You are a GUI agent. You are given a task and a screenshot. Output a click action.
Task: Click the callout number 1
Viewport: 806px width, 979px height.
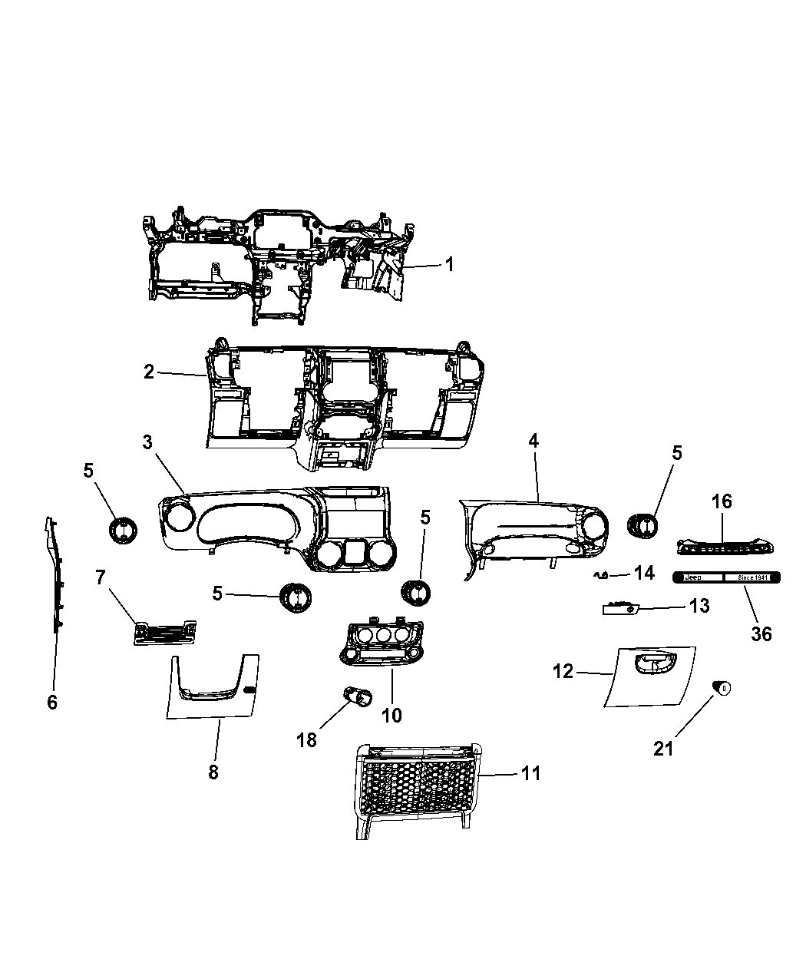[x=450, y=265]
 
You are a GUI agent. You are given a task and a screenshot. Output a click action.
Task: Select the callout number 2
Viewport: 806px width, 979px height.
[x=149, y=372]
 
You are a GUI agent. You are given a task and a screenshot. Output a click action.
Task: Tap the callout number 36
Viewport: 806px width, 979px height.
[x=761, y=633]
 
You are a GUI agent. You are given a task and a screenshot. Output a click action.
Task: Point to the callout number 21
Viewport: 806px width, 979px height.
[x=663, y=748]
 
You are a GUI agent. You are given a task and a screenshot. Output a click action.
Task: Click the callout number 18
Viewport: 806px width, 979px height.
[x=307, y=739]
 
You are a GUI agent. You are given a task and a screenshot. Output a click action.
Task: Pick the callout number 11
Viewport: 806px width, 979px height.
[x=530, y=773]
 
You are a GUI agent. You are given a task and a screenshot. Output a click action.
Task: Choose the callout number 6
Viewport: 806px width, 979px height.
[x=52, y=702]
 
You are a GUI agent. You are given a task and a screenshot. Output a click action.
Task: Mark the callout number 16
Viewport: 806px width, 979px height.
[x=722, y=501]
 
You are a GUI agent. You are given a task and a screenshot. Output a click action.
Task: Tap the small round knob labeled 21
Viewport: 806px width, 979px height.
[x=722, y=688]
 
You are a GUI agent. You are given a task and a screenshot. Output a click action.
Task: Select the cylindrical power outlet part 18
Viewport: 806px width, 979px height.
[x=357, y=696]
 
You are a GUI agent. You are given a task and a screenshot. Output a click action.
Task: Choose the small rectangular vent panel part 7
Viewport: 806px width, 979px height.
[x=164, y=632]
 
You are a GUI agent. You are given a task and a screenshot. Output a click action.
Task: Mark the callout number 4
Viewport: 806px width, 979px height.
[x=533, y=441]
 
